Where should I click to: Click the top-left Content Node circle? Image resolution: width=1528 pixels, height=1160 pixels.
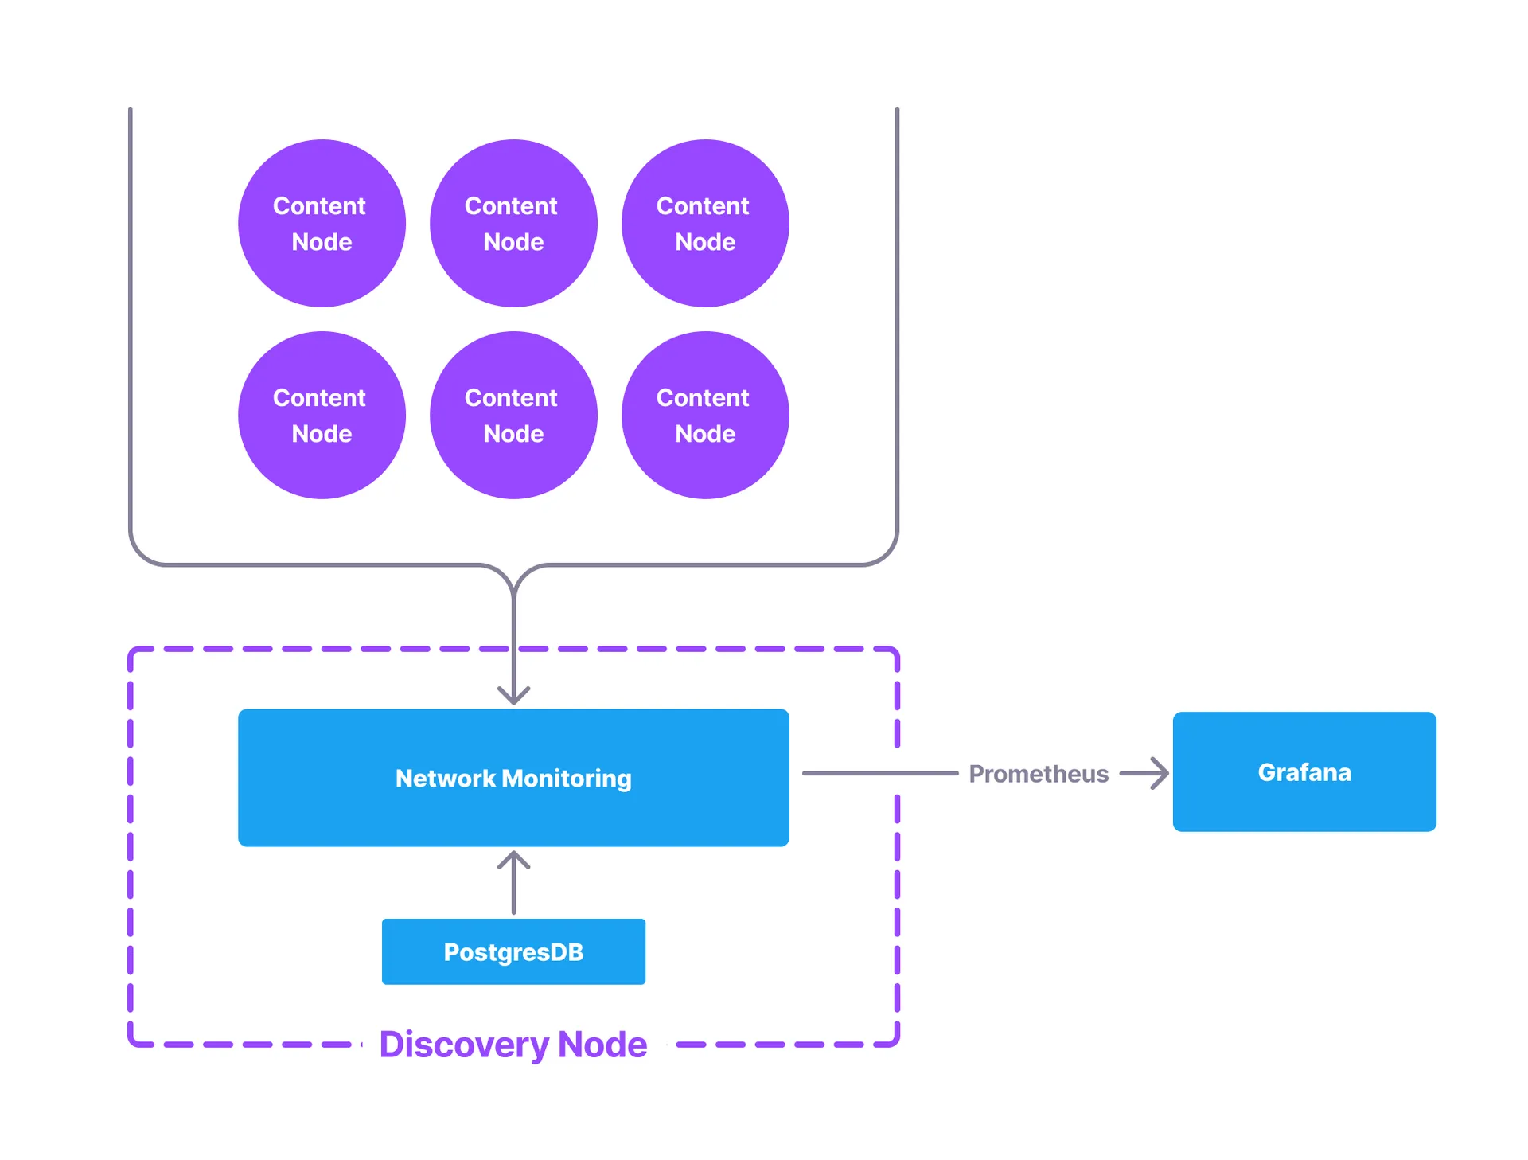click(322, 223)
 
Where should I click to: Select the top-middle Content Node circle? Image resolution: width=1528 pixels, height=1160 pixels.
click(513, 223)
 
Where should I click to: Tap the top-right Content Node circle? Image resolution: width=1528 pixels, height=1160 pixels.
click(705, 223)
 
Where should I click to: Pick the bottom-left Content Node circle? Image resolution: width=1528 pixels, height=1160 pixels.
click(322, 415)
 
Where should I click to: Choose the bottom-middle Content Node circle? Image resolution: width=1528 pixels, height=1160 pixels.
click(513, 415)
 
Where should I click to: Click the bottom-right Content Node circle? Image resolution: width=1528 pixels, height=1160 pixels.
click(705, 415)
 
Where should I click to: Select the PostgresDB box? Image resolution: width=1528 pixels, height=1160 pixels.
click(513, 951)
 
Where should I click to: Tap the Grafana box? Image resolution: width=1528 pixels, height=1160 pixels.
click(1304, 771)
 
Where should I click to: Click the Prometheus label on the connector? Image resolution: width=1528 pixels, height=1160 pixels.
click(1038, 774)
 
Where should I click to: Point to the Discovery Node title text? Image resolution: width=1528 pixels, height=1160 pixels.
click(513, 1044)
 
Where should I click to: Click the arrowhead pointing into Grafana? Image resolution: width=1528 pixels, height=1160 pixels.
click(1159, 773)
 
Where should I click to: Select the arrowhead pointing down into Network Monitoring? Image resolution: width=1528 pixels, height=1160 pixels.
click(513, 695)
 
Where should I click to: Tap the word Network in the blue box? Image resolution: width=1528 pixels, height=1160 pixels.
click(446, 779)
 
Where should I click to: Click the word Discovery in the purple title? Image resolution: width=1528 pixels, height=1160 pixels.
click(464, 1045)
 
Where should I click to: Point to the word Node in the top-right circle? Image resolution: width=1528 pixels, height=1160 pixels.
click(705, 242)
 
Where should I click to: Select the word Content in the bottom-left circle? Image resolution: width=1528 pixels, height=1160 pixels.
click(319, 397)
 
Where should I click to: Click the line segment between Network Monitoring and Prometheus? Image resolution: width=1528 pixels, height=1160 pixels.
click(879, 773)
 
